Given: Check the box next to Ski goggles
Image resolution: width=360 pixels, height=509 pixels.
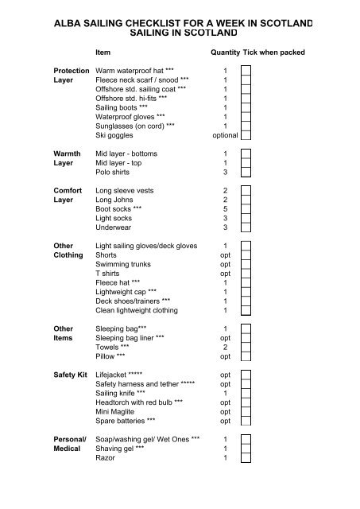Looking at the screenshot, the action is click(246, 135).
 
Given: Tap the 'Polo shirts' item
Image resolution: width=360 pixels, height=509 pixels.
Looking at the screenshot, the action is click(113, 173).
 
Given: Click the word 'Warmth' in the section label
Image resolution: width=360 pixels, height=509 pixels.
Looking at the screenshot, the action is click(67, 153).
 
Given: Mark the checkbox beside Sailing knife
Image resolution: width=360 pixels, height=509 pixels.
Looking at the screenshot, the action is click(246, 393).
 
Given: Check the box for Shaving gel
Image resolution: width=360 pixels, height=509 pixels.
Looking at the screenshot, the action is click(246, 449).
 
